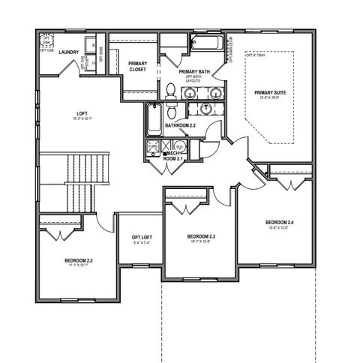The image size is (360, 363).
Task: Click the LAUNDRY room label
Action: [x=70, y=52]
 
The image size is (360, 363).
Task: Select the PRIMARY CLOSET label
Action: [x=137, y=66]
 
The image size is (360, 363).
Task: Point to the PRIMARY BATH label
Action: [x=194, y=72]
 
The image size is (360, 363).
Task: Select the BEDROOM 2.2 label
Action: [x=79, y=259]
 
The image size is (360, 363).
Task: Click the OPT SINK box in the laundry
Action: [x=46, y=39]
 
